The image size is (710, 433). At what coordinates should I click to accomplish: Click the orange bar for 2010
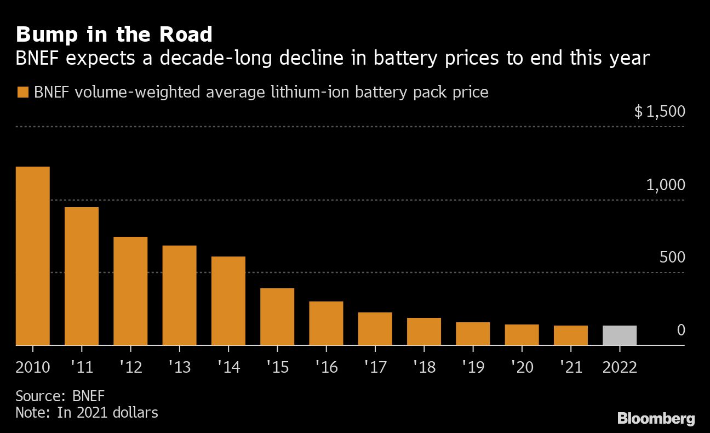[33, 256]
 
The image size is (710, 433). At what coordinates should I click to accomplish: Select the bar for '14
[228, 301]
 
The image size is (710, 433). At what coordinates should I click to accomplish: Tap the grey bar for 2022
[620, 335]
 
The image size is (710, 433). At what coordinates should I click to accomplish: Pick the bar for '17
[375, 329]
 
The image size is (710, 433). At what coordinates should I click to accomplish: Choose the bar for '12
[130, 291]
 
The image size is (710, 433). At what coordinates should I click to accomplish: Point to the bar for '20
[522, 335]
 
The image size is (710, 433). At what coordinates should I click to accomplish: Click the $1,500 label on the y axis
[659, 112]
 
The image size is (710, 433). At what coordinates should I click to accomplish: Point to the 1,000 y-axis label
[665, 185]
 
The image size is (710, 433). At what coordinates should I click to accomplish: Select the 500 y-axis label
[672, 258]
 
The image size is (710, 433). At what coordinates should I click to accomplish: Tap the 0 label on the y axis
[681, 330]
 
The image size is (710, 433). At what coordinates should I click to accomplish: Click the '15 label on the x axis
[277, 367]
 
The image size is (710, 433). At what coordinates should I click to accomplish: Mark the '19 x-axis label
[472, 367]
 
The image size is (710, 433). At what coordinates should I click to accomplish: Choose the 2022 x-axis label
[620, 367]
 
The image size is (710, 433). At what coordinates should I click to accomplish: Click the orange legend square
[22, 92]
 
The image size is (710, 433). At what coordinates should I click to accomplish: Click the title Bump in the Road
[114, 35]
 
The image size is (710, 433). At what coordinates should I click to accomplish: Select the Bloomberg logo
[656, 419]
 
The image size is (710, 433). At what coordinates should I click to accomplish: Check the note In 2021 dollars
[87, 412]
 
